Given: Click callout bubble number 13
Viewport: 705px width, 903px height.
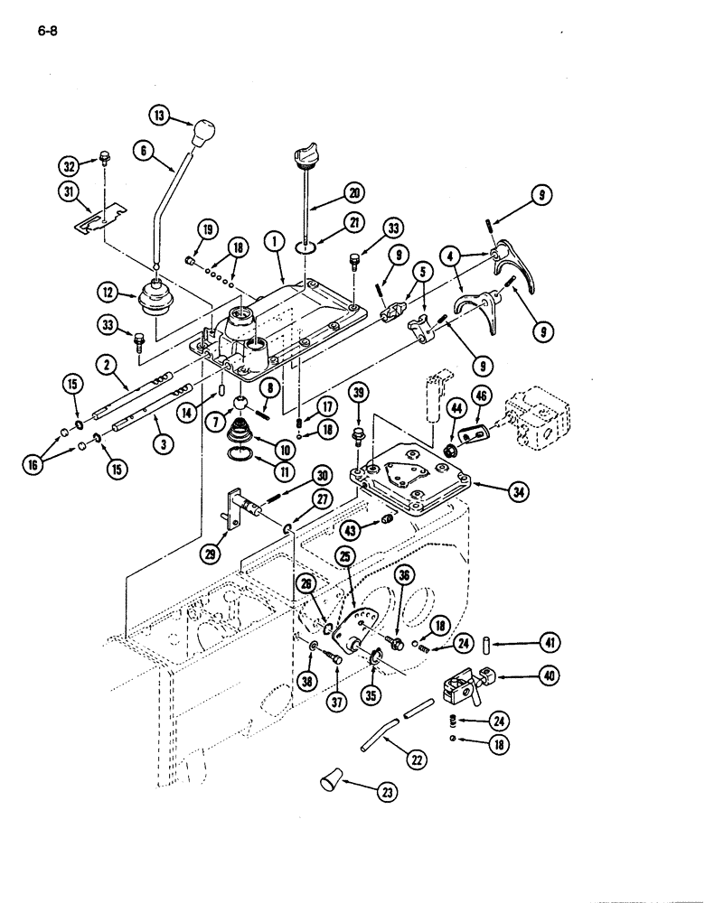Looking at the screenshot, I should (160, 115).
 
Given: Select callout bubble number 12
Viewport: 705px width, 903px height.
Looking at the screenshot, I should (110, 292).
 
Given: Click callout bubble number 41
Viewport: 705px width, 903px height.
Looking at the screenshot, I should (548, 643).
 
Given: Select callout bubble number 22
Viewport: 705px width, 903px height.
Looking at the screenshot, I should (417, 760).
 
